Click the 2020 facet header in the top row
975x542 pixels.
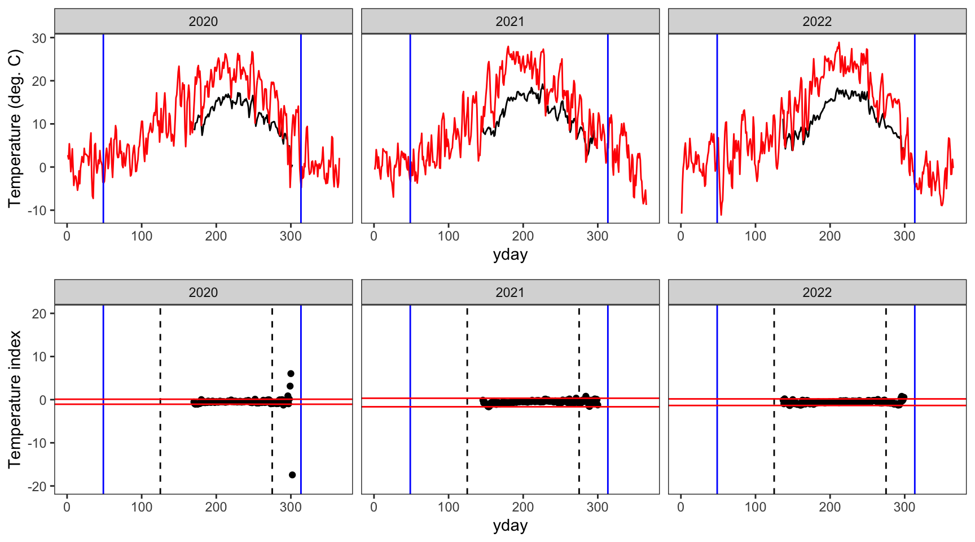(203, 21)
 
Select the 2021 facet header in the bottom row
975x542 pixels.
(510, 292)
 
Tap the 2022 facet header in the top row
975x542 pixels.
(817, 21)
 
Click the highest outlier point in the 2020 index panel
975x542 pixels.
(291, 374)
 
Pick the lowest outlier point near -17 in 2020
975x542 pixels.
(292, 475)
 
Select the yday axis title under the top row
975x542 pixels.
(510, 255)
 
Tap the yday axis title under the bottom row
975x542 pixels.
(510, 526)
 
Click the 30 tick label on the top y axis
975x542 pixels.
(39, 38)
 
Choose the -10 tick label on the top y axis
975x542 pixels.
(37, 211)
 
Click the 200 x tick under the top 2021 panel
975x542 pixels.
(523, 236)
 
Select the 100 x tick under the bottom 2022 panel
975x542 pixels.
(756, 507)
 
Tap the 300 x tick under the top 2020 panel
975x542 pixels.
(291, 236)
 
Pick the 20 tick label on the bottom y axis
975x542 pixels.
(39, 314)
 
